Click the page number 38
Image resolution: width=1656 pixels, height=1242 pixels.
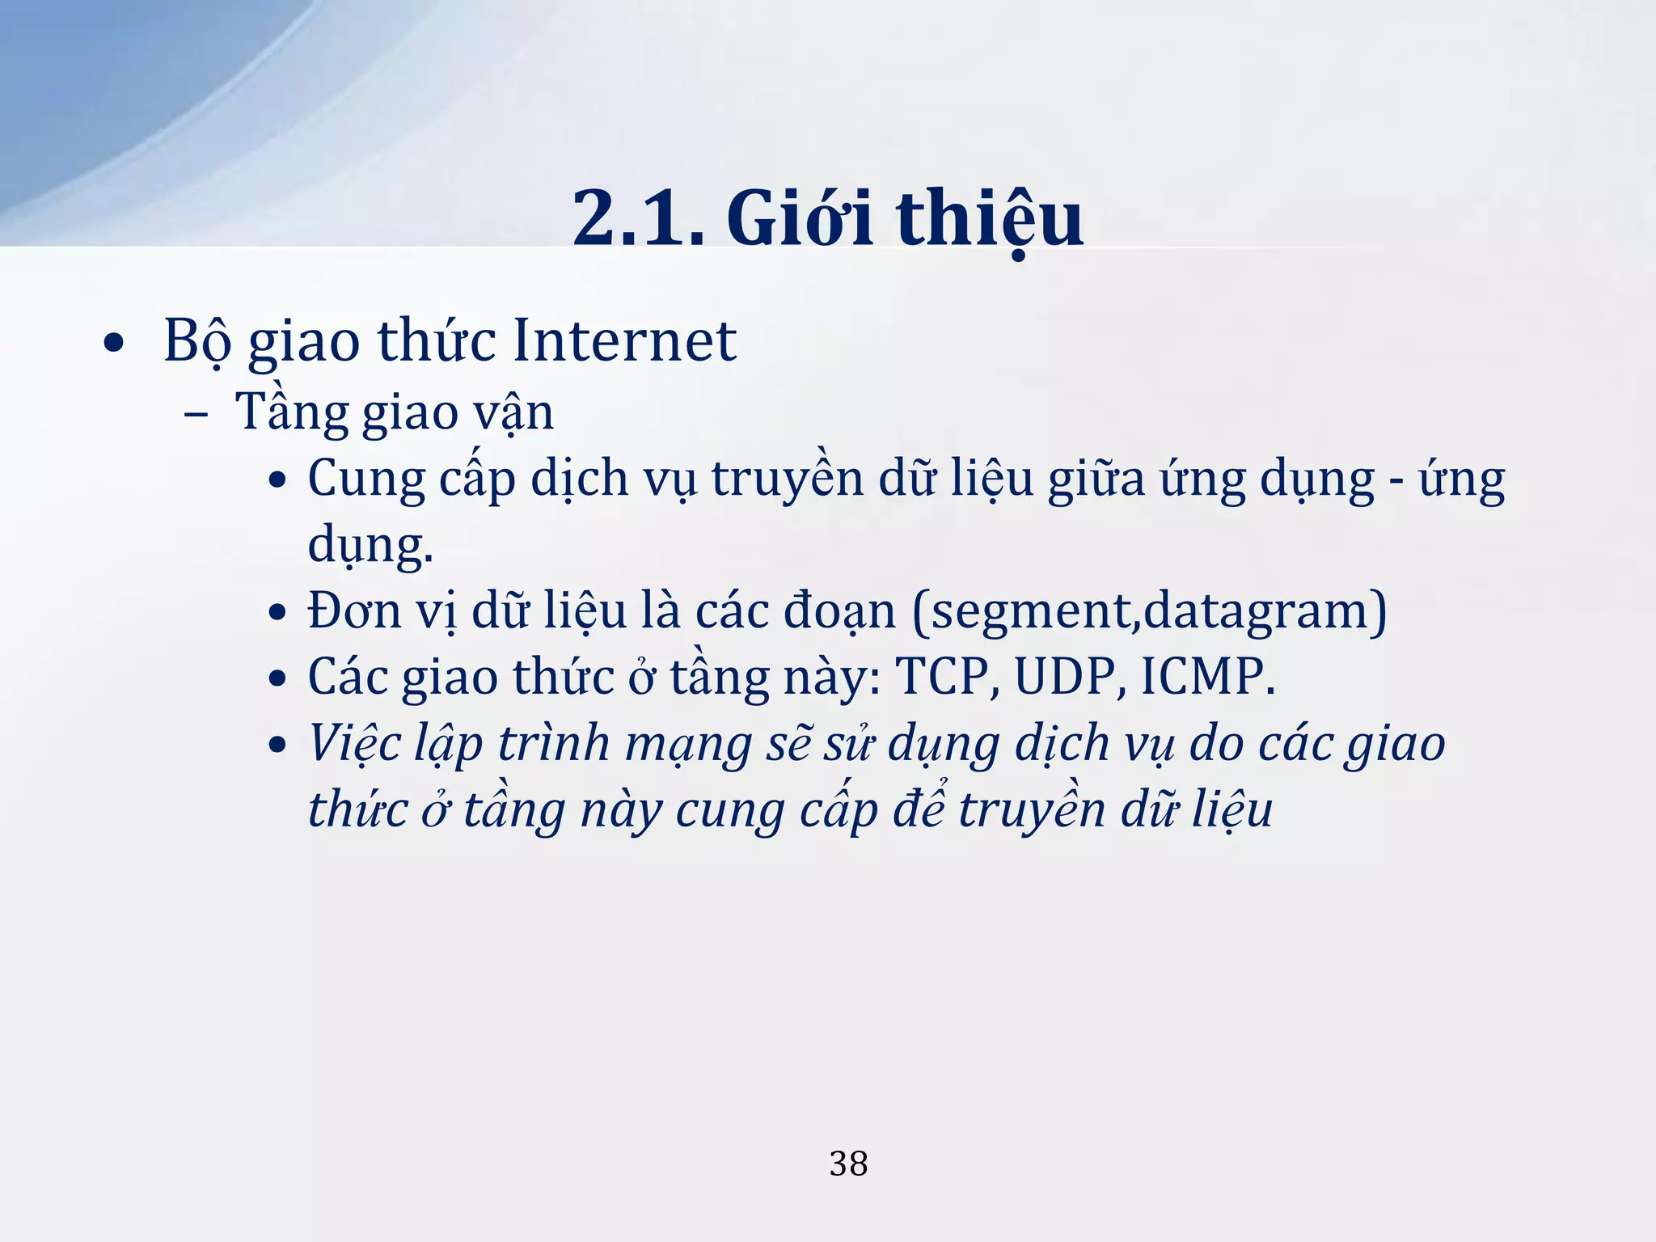pos(848,1164)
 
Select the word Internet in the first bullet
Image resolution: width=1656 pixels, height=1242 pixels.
pos(624,340)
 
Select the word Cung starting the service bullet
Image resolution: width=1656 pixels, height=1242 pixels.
pos(365,479)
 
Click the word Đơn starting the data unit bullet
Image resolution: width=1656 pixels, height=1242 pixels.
pos(354,610)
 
